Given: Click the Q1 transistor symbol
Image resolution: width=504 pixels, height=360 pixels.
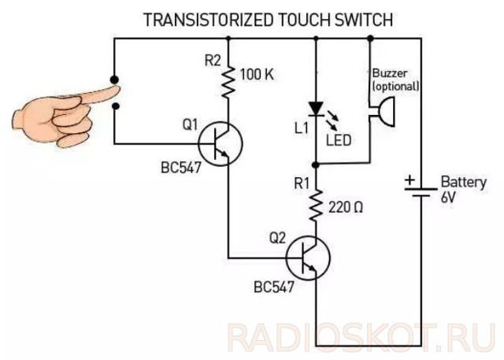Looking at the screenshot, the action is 220,143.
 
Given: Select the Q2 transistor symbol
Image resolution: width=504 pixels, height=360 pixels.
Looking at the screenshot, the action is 308,258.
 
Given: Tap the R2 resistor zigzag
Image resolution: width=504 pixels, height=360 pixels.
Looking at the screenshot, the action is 228,82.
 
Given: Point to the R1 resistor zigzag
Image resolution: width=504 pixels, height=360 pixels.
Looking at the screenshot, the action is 316,206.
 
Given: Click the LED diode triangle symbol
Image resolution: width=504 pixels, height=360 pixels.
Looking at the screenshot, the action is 316,109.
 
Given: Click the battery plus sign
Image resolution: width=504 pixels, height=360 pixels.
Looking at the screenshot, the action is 409,180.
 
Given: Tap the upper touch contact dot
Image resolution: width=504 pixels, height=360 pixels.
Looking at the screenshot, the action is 114,80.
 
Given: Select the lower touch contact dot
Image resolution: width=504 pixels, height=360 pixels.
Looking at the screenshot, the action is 116,106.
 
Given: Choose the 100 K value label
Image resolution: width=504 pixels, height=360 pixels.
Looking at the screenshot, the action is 258,75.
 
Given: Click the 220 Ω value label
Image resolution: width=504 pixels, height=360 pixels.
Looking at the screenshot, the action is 346,207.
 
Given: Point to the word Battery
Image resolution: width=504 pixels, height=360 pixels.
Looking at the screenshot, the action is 464,183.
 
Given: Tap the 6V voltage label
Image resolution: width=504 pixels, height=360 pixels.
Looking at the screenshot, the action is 448,197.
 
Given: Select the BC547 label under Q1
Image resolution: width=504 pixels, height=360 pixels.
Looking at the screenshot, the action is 181,168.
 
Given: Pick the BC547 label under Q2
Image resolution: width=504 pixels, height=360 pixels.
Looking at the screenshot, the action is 274,287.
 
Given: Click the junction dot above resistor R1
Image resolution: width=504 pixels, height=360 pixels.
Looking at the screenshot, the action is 316,165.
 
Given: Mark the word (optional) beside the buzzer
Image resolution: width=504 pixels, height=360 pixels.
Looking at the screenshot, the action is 396,87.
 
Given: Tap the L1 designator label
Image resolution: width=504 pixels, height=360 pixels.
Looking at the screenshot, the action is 302,128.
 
